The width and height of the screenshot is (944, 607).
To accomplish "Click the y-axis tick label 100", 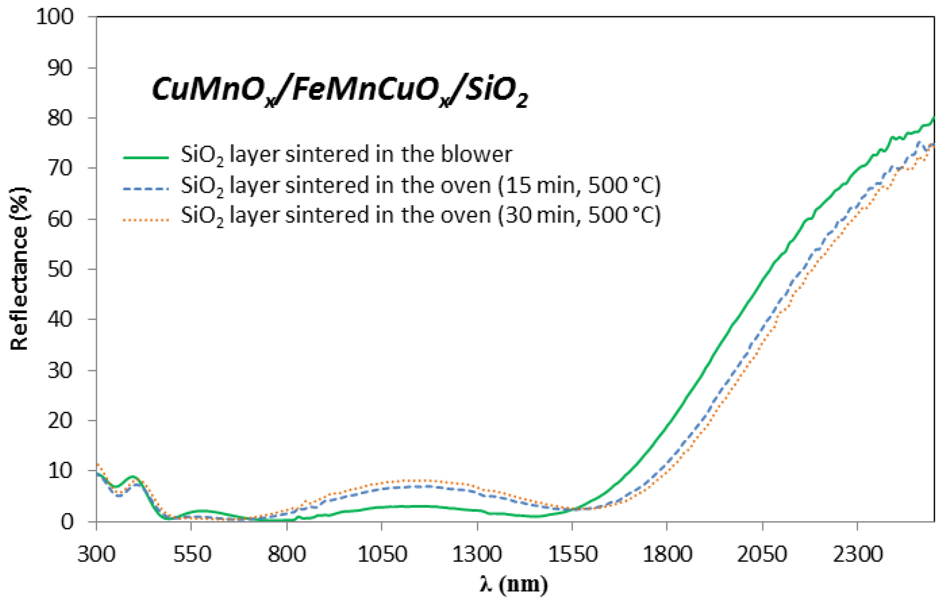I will [55, 17].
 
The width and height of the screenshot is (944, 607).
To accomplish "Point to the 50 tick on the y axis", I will [60, 269].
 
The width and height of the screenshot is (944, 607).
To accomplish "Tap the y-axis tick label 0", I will [67, 521].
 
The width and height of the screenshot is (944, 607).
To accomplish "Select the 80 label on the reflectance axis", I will [60, 118].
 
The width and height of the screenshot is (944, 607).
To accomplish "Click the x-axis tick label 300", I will [96, 554].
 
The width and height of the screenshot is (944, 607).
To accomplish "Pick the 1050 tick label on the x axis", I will [382, 554].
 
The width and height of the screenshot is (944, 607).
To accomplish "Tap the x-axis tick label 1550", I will [572, 554].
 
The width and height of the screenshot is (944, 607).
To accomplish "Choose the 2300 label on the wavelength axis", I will [858, 554].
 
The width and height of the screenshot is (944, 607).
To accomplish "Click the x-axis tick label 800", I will [287, 554].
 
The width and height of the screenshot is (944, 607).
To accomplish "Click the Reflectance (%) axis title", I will [19, 268].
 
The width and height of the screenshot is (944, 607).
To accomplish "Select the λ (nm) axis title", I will [514, 584].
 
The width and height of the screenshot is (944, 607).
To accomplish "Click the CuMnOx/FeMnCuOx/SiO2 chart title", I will [340, 91].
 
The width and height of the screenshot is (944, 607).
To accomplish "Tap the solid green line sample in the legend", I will [146, 157].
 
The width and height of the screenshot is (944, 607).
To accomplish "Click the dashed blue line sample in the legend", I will [146, 188].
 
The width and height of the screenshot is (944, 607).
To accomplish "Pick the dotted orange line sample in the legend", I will [146, 220].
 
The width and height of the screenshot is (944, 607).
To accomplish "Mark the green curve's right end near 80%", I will [932, 119].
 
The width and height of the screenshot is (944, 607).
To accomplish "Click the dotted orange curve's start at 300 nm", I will [97, 464].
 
